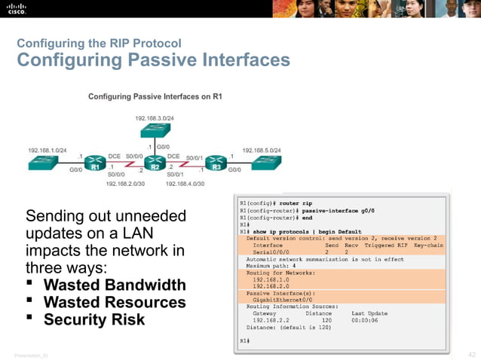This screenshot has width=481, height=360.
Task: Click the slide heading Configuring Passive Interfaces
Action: pos(153,60)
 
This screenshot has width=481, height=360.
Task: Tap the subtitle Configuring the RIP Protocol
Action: pos(99,43)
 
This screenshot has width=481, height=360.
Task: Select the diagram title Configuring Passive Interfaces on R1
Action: pos(156,96)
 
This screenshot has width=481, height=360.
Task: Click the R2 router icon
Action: pos(155,160)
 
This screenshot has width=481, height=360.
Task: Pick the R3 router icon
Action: pos(217,160)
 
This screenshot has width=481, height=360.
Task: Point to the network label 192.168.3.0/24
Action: pos(155,118)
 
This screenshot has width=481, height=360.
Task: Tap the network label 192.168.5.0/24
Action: pos(262,150)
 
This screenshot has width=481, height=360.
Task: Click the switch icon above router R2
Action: pos(155,131)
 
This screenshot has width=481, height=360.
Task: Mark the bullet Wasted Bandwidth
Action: pos(114,285)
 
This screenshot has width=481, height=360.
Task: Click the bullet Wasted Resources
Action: pos(114,302)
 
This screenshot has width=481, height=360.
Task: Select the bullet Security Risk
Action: pos(93,319)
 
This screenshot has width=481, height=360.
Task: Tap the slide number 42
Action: pos(471,354)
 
